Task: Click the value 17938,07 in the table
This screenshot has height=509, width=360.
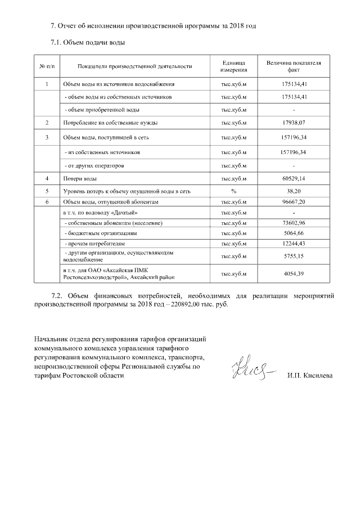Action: [x=294, y=122]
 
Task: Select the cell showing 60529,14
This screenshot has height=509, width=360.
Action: [x=294, y=179]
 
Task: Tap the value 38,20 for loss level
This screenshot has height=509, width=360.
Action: [x=294, y=191]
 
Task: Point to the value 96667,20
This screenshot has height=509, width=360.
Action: [x=294, y=202]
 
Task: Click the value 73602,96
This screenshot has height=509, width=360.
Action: [x=294, y=223]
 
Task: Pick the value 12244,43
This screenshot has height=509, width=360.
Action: [x=294, y=244]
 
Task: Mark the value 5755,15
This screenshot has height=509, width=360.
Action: [x=294, y=256]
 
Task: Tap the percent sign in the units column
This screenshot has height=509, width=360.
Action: [x=233, y=191]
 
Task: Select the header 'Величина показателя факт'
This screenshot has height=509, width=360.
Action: [x=294, y=67]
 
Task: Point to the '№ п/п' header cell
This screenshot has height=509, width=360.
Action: [x=47, y=67]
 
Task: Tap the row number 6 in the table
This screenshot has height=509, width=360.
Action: [x=47, y=202]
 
